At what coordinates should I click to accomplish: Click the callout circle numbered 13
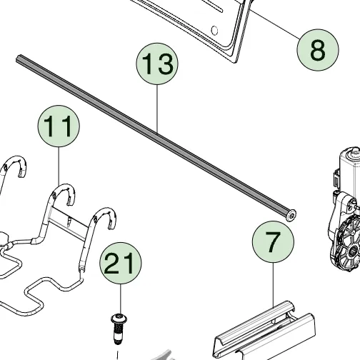157,64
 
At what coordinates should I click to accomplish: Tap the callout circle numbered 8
318,50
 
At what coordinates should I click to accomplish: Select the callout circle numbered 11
59,126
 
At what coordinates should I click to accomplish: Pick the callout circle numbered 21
121,263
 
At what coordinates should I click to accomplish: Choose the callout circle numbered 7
273,241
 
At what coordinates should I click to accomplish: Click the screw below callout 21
119,329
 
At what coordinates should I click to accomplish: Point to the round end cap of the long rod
291,215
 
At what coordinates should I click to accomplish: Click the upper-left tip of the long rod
18,58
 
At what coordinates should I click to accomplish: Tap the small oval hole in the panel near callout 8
214,30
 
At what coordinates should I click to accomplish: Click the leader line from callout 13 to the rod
157,109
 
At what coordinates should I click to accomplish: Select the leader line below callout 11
59,166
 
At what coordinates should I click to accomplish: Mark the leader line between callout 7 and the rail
274,284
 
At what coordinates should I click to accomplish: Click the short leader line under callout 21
121,299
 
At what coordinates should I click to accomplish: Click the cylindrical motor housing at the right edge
349,166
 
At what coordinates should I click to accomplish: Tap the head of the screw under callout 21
119,319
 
